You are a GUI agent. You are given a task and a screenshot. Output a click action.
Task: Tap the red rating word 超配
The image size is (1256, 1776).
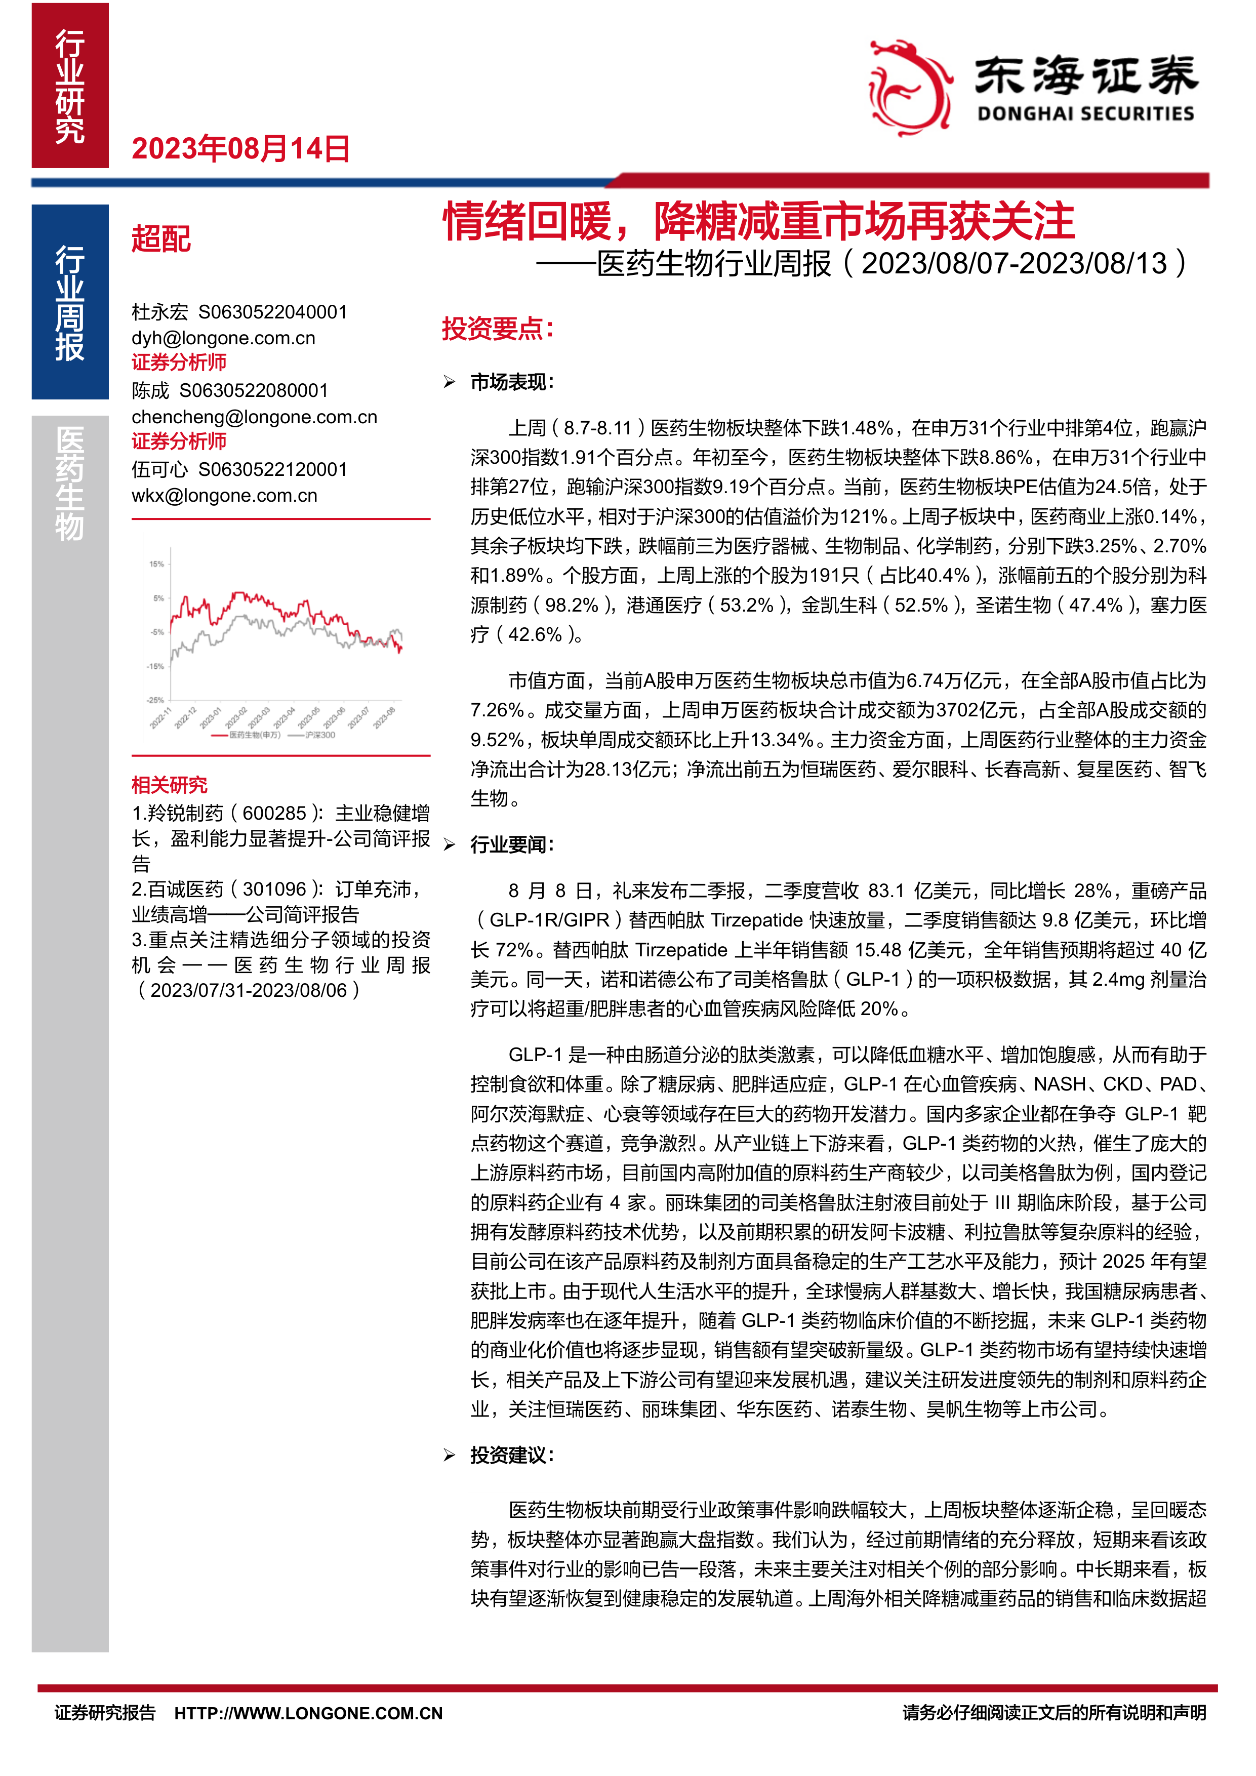click(161, 239)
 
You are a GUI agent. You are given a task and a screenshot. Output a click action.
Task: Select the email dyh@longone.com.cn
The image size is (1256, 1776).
click(224, 338)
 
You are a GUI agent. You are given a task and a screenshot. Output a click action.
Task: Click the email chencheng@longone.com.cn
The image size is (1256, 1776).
click(255, 417)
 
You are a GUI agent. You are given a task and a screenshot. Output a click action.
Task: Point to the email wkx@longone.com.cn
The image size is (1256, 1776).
click(224, 496)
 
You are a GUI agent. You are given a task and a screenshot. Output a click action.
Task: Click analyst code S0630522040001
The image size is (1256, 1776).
click(273, 312)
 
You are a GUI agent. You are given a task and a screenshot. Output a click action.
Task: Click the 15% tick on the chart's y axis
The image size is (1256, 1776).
click(156, 564)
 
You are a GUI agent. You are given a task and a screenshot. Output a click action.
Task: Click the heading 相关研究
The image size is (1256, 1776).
click(170, 785)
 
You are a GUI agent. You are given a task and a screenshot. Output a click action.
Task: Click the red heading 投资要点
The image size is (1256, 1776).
click(497, 329)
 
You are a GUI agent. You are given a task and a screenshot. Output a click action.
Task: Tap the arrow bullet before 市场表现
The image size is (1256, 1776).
click(450, 382)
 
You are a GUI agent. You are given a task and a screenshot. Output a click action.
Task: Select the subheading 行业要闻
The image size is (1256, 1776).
click(511, 844)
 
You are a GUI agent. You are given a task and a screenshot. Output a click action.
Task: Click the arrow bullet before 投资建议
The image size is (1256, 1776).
click(450, 1456)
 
